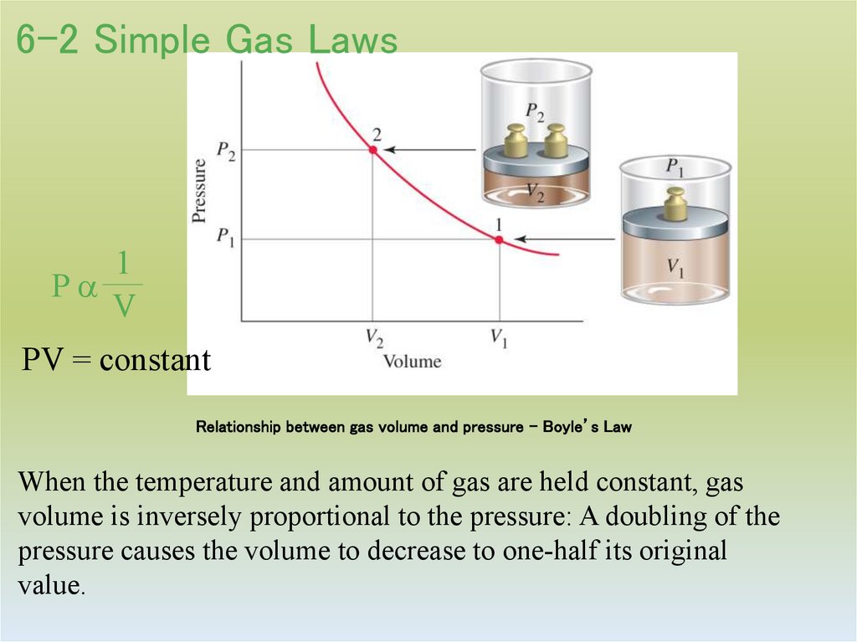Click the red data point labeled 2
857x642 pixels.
[x=373, y=150]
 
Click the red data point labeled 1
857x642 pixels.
[x=499, y=240]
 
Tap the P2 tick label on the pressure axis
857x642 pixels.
[x=225, y=150]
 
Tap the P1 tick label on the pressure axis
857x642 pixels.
[x=225, y=238]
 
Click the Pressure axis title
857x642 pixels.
[x=199, y=190]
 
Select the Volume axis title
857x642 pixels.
[x=412, y=362]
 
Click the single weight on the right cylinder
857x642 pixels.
[x=675, y=204]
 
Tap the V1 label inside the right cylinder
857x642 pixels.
[x=675, y=268]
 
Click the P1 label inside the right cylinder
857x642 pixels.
[x=675, y=167]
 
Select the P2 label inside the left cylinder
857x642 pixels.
[x=534, y=110]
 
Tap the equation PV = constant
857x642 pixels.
[x=115, y=361]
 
